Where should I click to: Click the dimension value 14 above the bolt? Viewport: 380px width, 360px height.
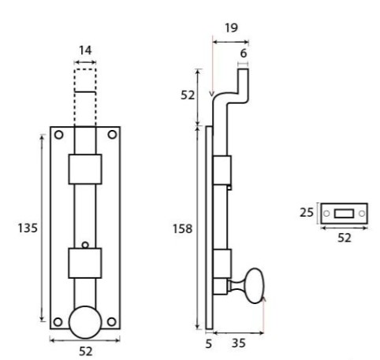click(85, 50)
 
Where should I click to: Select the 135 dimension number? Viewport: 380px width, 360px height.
click(27, 228)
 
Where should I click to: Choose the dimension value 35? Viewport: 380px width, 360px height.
click(238, 343)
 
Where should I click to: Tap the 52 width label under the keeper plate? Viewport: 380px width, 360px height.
click(344, 239)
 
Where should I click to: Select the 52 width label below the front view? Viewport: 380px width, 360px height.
click(85, 351)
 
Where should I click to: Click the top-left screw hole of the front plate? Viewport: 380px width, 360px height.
click(58, 135)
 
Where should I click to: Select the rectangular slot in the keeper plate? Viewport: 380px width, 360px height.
click(344, 213)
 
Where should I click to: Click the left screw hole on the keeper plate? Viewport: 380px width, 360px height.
click(326, 213)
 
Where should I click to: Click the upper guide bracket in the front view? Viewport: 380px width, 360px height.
click(85, 169)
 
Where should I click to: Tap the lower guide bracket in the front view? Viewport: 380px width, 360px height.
click(85, 262)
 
